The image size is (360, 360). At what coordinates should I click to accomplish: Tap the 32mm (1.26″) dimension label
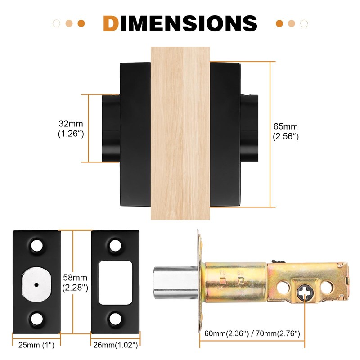[71, 128]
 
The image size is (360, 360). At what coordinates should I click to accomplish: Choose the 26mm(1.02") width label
[115, 345]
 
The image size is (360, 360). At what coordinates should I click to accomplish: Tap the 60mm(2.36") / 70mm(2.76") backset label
[252, 333]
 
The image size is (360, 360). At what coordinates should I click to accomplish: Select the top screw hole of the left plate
[36, 246]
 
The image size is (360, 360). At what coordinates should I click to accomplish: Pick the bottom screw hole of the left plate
[36, 319]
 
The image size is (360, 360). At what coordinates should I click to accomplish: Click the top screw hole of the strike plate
[116, 246]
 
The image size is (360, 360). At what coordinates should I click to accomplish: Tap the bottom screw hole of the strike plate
[116, 319]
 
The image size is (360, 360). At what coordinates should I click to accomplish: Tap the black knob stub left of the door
[110, 128]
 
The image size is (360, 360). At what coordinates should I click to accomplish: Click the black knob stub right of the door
[250, 128]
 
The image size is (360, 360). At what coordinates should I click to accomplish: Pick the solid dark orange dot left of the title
[81, 23]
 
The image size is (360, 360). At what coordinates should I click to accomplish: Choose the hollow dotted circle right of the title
[304, 23]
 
